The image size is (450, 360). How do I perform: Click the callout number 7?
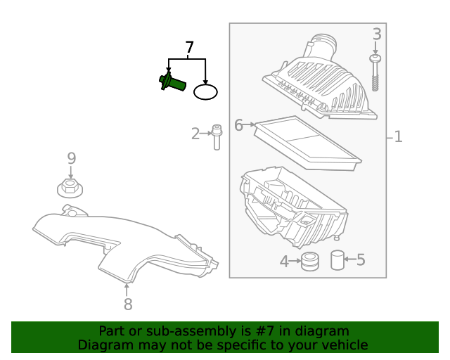point(188,48)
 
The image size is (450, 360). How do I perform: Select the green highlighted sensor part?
point(171,82)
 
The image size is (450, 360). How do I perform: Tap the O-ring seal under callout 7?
point(206,91)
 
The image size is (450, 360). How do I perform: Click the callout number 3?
point(377,34)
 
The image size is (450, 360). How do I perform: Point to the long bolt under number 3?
point(375,74)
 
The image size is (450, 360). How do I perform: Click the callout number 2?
point(195,134)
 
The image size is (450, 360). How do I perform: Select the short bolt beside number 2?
point(217,136)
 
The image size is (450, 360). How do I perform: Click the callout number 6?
point(238,125)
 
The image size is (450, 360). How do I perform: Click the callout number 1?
point(398,136)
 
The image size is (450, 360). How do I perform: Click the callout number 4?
point(284,262)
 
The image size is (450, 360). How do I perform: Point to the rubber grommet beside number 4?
point(309,262)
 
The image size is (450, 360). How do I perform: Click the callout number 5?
point(361,260)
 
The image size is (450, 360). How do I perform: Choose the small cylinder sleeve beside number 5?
point(337,261)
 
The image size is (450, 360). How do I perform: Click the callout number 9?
point(71,159)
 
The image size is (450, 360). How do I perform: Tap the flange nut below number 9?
point(70,188)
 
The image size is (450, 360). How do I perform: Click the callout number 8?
point(127,304)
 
